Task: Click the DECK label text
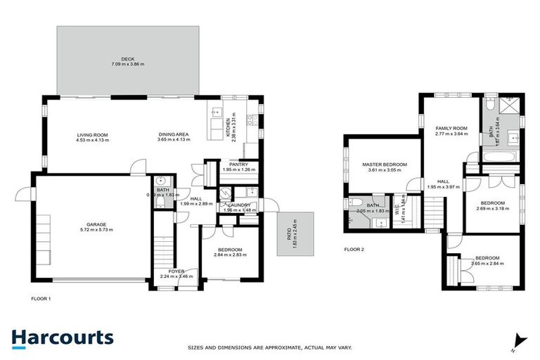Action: pyautogui.click(x=127, y=58)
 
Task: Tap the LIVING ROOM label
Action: pyautogui.click(x=93, y=134)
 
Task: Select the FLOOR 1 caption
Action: pyautogui.click(x=41, y=298)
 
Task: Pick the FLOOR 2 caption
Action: pyautogui.click(x=354, y=249)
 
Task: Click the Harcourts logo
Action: pyautogui.click(x=63, y=337)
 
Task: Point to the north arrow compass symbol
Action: pyautogui.click(x=519, y=340)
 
